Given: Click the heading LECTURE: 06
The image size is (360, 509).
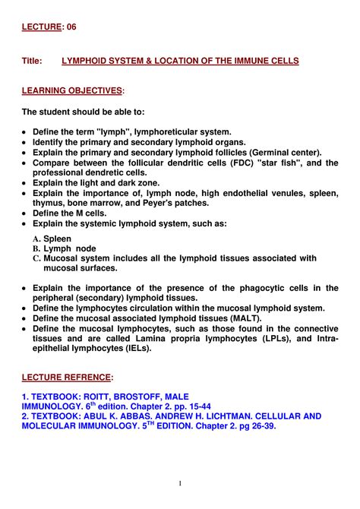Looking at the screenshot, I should pyautogui.click(x=49, y=27).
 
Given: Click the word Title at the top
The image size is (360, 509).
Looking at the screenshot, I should pyautogui.click(x=34, y=60).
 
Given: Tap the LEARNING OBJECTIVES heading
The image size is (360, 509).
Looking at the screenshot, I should pyautogui.click(x=72, y=91).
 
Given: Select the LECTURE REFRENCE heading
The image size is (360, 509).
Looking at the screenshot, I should pyautogui.click(x=68, y=377).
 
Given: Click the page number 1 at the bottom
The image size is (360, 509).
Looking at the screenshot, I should pyautogui.click(x=180, y=483).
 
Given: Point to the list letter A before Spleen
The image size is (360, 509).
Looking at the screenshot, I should pyautogui.click(x=36, y=239).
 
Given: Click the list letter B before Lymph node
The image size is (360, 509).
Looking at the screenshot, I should pyautogui.click(x=36, y=248).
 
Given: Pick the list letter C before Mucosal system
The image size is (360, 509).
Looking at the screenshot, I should pyautogui.click(x=36, y=258).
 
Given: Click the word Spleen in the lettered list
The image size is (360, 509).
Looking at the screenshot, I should pyautogui.click(x=58, y=239).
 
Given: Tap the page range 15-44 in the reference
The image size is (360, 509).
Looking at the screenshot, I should pyautogui.click(x=194, y=407).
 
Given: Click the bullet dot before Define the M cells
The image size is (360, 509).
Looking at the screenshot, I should pyautogui.click(x=26, y=214).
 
